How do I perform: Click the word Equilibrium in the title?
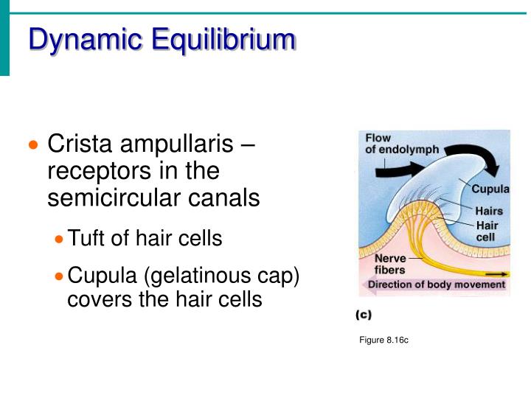[x=223, y=39]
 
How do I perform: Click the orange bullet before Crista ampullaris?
[x=32, y=144]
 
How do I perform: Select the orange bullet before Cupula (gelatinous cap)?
[x=60, y=277]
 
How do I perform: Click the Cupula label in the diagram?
[x=491, y=189]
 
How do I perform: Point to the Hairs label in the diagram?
[x=489, y=212]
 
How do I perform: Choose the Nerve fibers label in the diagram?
[x=381, y=264]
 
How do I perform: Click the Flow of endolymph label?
[x=401, y=144]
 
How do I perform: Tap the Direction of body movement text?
[x=436, y=284]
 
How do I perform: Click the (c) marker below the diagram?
[x=363, y=315]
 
